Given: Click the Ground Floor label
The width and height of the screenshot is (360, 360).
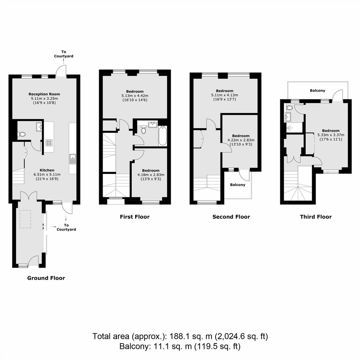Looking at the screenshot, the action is click(x=46, y=278).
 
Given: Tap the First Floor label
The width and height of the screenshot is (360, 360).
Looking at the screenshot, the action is click(x=134, y=217).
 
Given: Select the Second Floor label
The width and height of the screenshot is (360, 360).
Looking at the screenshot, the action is click(x=231, y=217).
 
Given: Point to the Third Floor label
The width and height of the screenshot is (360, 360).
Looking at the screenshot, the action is click(x=316, y=217).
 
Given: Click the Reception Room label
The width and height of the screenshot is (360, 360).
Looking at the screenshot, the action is click(x=44, y=94).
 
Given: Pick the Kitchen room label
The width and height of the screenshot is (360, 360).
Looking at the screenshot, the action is click(x=47, y=170).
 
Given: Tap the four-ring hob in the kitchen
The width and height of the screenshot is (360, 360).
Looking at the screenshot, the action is click(x=49, y=143).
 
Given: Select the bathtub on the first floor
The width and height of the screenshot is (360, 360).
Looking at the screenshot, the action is click(x=162, y=136).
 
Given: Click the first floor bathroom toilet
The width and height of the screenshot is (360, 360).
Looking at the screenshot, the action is click(x=144, y=129).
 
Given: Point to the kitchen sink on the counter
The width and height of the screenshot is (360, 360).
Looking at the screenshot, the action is click(x=73, y=159).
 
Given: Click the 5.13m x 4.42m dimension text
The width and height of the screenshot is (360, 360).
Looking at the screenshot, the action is click(x=135, y=96).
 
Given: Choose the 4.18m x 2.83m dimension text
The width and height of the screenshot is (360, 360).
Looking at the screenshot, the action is click(x=151, y=175).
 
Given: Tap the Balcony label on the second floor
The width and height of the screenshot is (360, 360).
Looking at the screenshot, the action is click(x=237, y=185).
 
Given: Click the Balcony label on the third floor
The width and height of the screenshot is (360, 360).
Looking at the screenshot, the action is click(x=317, y=91).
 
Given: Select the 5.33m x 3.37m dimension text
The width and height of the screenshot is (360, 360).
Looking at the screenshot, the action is click(x=331, y=135).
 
